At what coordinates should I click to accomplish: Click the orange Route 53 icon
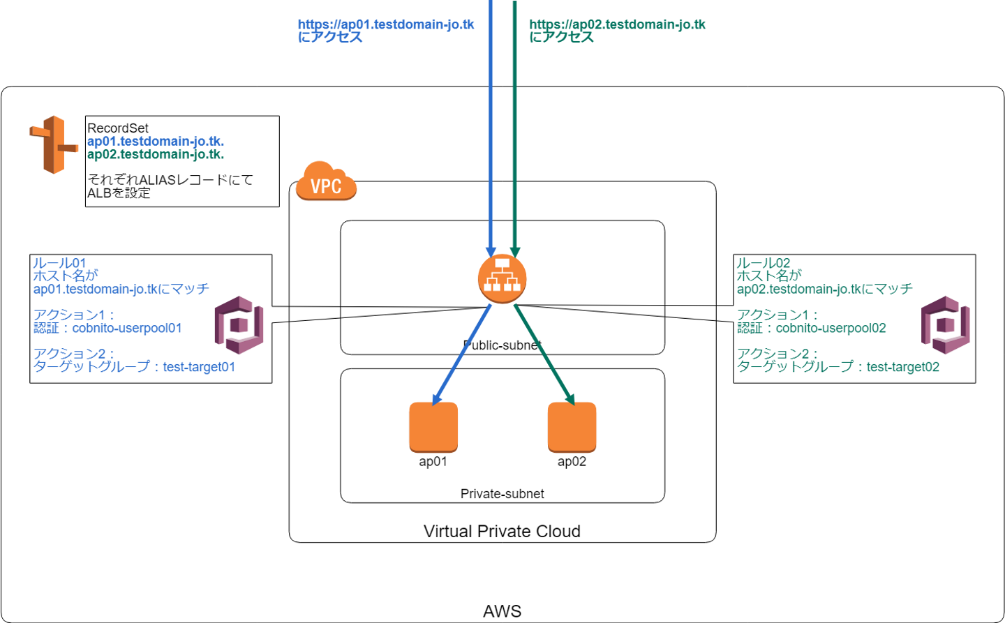pyautogui.click(x=54, y=145)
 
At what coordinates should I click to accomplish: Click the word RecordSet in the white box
pyautogui.click(x=118, y=128)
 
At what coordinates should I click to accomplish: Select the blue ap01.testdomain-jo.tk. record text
pyautogui.click(x=156, y=142)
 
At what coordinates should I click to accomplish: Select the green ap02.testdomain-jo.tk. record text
pyautogui.click(x=156, y=154)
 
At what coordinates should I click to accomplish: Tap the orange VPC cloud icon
pyautogui.click(x=326, y=182)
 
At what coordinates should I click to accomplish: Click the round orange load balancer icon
pyautogui.click(x=502, y=278)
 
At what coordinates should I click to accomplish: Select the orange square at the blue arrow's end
pyautogui.click(x=433, y=427)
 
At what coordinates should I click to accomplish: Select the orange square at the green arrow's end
pyautogui.click(x=572, y=427)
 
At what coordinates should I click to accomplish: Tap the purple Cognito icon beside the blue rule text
pyautogui.click(x=239, y=325)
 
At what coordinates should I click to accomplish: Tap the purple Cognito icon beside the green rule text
pyautogui.click(x=946, y=325)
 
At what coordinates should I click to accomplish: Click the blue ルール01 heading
pyautogui.click(x=59, y=263)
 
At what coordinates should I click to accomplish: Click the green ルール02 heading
pyautogui.click(x=764, y=263)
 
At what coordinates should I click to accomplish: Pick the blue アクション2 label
pyautogui.click(x=73, y=354)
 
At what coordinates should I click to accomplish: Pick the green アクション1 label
pyautogui.click(x=776, y=315)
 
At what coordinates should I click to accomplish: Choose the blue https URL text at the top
pyautogui.click(x=386, y=24)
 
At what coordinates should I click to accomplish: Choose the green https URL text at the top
pyautogui.click(x=618, y=24)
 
